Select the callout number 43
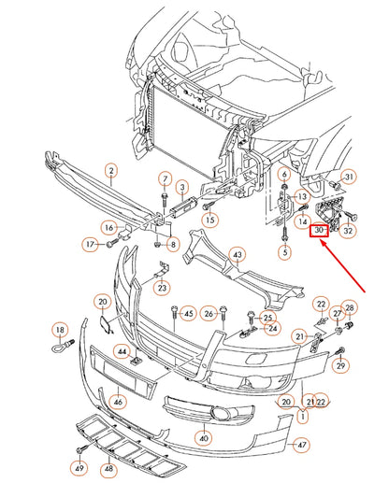[x=238, y=255]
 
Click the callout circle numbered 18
[x=59, y=330]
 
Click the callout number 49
[x=79, y=467]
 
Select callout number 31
[x=349, y=177]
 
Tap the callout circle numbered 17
[x=90, y=245]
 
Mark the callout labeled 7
[x=165, y=178]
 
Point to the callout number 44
[x=121, y=351]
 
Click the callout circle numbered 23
[x=162, y=289]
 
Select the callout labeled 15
[x=209, y=219]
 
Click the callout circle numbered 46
[x=117, y=403]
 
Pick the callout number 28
[x=349, y=307]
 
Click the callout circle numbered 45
[x=187, y=313]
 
